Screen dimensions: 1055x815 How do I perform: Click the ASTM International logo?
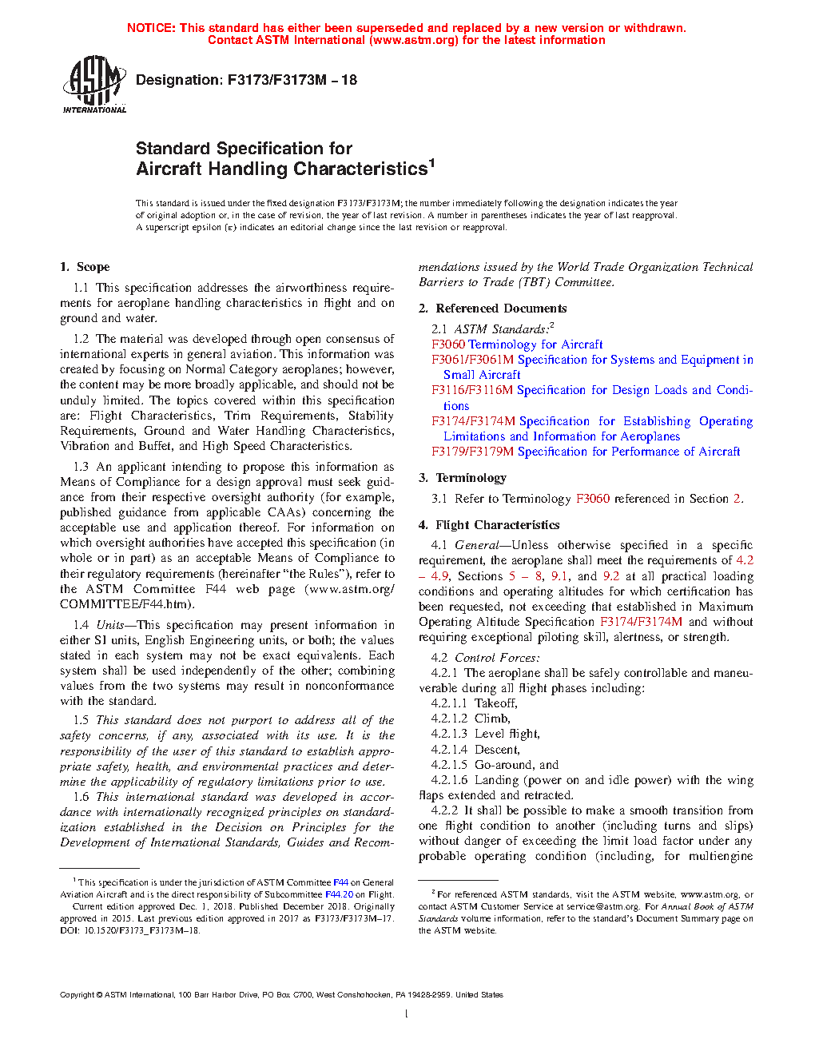[93, 84]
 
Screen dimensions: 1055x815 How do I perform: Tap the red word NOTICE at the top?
[151, 28]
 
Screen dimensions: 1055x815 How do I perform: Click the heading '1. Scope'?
[85, 267]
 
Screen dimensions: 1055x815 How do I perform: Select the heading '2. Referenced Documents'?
[492, 309]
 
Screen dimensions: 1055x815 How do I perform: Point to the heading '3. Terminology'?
[463, 478]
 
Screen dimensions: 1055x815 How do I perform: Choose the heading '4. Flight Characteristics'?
[489, 525]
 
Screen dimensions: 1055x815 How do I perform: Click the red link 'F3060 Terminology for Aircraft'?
[517, 344]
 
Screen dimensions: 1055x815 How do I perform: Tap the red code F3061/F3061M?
[472, 360]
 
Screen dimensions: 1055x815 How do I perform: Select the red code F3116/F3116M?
[472, 390]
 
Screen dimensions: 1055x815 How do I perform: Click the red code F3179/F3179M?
[472, 452]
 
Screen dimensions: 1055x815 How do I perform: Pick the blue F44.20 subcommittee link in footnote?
[339, 894]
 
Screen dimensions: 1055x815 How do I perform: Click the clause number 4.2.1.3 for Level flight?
[449, 734]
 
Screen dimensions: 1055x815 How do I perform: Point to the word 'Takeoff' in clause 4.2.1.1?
[495, 703]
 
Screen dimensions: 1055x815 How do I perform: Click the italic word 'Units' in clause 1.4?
[109, 625]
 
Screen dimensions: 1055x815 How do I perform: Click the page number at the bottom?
[407, 1014]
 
